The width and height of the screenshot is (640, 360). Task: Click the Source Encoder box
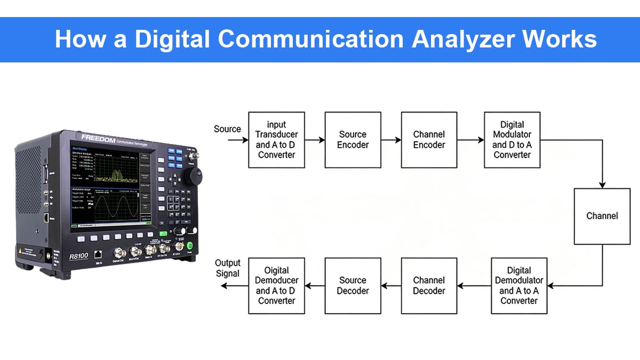[353, 140]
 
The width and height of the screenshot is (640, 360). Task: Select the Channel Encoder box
[429, 140]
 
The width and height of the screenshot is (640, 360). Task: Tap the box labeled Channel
[602, 216]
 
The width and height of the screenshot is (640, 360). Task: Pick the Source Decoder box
[353, 285]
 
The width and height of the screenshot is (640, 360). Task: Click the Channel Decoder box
[429, 285]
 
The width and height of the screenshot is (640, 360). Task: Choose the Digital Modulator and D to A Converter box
[512, 140]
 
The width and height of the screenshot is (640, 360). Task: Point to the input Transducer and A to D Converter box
[276, 140]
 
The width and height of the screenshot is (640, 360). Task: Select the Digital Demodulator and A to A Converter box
[518, 285]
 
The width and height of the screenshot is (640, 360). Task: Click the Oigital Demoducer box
[276, 285]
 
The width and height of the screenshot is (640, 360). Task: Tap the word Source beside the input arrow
[227, 129]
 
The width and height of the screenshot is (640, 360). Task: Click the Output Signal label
[228, 268]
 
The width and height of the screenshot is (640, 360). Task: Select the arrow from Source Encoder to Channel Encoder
[391, 140]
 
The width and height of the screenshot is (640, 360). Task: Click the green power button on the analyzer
[189, 246]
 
